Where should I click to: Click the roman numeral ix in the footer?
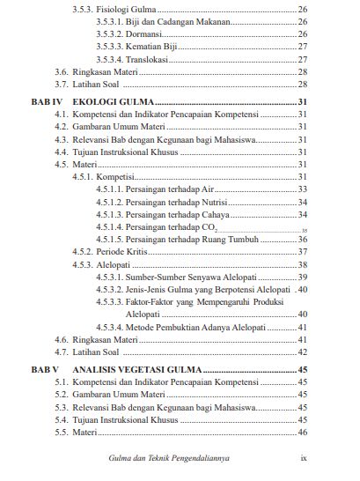click(303, 458)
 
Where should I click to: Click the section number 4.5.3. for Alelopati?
click(82, 264)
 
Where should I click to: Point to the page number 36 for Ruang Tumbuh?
click(301, 239)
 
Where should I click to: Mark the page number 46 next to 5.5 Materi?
click(301, 433)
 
